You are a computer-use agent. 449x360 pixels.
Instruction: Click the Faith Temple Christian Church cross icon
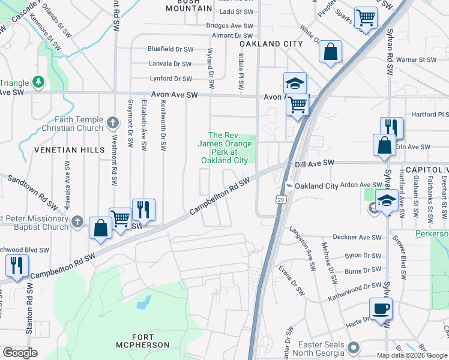coord(112,124)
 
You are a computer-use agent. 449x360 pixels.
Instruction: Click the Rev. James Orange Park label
coord(224,148)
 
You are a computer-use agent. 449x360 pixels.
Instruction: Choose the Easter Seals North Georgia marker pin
coord(354,347)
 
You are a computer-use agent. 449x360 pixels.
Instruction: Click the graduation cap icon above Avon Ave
coord(295,83)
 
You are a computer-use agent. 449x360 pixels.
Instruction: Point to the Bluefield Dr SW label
coord(171,49)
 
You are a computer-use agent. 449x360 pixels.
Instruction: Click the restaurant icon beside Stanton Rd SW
coord(16,266)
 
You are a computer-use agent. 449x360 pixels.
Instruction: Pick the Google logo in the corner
coord(20,352)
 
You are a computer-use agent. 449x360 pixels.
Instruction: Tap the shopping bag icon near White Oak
coord(330,52)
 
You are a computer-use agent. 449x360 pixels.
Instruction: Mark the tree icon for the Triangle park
coord(38,81)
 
